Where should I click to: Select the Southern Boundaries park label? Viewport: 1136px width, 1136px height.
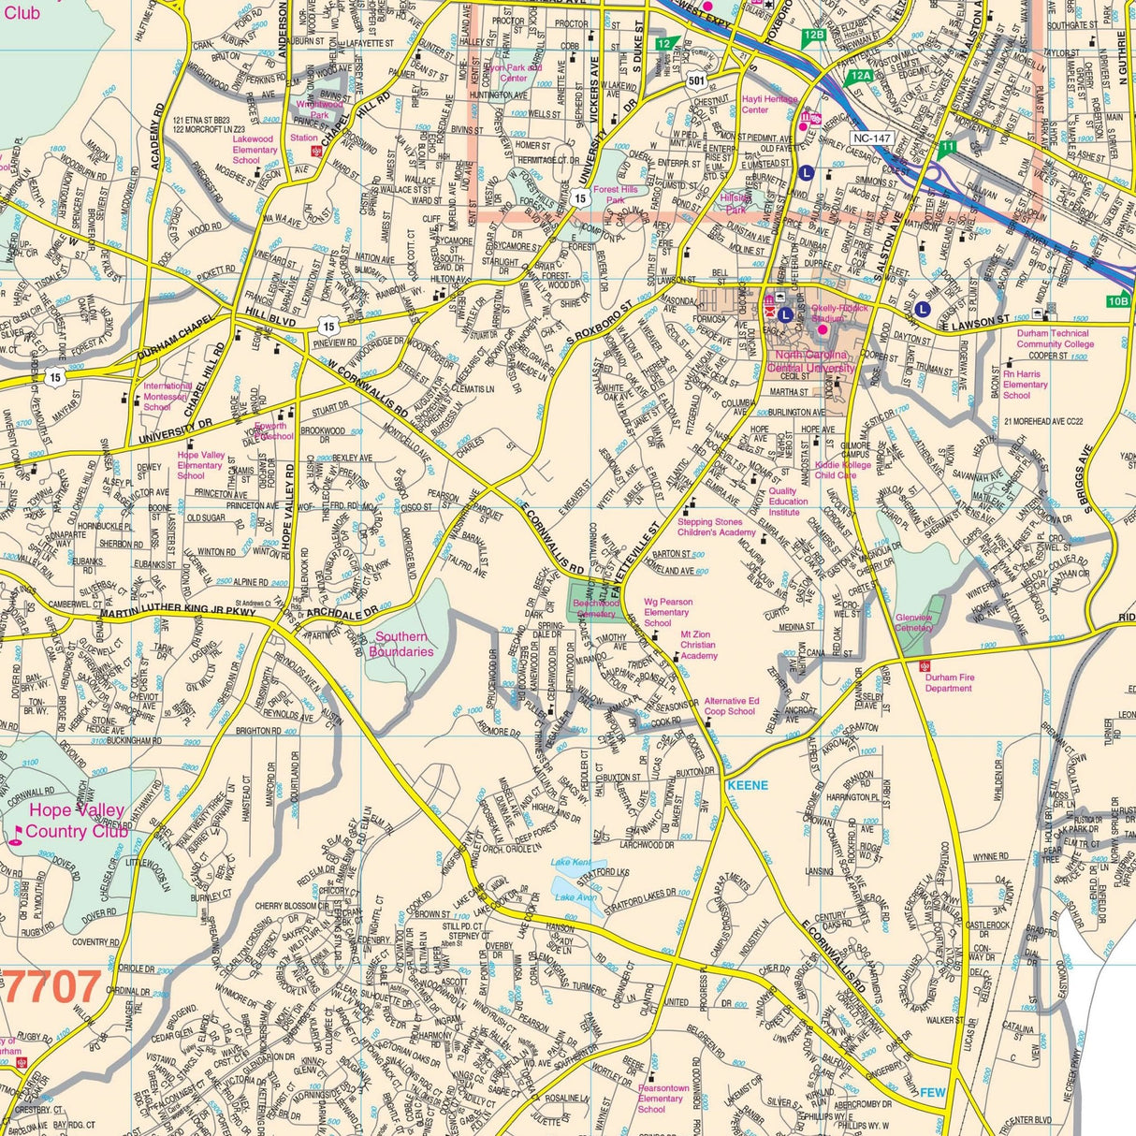coord(404,644)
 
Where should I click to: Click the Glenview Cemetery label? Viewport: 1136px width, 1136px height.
coord(913,622)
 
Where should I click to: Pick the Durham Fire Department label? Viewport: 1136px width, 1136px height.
coord(949,682)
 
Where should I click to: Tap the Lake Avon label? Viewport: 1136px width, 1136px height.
coord(575,897)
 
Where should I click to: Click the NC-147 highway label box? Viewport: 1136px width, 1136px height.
coord(871,138)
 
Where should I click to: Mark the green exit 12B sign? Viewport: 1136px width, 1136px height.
coord(813,36)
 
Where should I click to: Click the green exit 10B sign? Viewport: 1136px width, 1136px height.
coord(1118,301)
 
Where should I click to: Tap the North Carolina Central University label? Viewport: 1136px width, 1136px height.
coord(810,361)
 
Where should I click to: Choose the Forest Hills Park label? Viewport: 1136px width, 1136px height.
coord(615,195)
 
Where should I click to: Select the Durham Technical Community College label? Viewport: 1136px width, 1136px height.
coord(1055,339)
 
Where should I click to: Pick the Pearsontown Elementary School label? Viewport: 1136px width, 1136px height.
coord(663,1099)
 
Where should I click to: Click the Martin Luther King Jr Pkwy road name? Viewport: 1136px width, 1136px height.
coord(178,613)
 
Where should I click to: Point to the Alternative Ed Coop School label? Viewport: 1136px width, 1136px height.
coord(731,706)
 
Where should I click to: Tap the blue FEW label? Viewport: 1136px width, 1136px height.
coord(933,1092)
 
